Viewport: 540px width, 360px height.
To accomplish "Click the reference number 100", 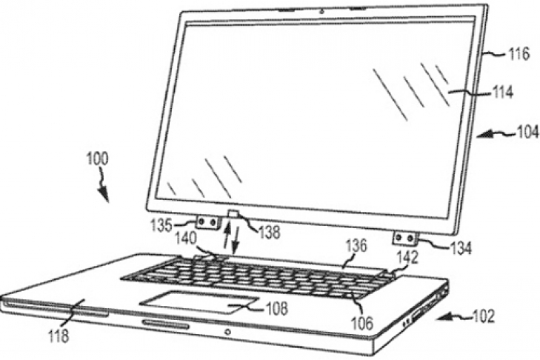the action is [x=98, y=159].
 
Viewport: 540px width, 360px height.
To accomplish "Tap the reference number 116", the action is [x=518, y=54].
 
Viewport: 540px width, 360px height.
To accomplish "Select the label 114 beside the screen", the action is [x=501, y=93].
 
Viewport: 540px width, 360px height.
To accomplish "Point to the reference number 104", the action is [x=527, y=132].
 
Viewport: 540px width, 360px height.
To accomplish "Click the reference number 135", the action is [x=161, y=226].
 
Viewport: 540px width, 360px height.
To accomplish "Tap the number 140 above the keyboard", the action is [x=185, y=238].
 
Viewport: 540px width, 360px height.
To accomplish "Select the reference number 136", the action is [x=356, y=246].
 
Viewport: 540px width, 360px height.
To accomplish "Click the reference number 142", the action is [x=407, y=257].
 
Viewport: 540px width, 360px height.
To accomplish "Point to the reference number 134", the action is [x=459, y=247].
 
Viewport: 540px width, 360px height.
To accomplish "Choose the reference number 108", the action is [x=276, y=309].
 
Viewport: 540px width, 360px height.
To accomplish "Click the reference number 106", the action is [x=362, y=323].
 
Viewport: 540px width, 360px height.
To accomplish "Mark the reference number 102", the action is [x=484, y=316].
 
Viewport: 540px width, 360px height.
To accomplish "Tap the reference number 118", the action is [x=59, y=336].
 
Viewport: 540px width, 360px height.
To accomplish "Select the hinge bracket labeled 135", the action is [x=208, y=222].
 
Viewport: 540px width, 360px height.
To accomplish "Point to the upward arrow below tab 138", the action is [x=226, y=236].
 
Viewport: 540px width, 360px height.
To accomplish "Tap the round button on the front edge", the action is [x=227, y=332].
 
